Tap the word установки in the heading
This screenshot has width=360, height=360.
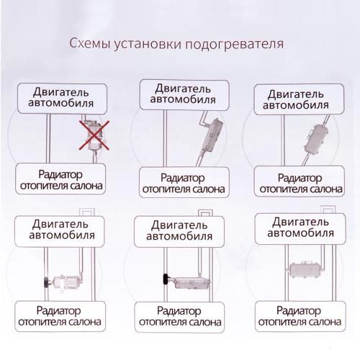(145, 44)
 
